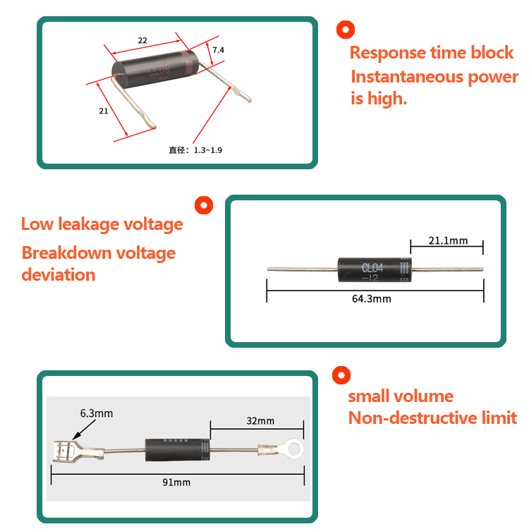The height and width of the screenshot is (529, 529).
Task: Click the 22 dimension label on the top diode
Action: coord(142,41)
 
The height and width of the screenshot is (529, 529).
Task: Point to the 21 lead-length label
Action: coord(103,111)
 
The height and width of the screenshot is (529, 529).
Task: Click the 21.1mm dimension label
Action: coord(448,241)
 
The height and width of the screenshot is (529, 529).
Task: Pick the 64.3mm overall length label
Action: coord(372,299)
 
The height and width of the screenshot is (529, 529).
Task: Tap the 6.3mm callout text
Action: coord(97,413)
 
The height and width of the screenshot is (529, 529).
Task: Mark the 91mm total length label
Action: coord(176,482)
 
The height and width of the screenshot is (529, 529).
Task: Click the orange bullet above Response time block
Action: coord(345,30)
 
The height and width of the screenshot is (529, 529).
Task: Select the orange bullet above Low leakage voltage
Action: coord(204,205)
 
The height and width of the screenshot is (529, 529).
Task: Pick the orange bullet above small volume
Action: coord(341,375)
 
